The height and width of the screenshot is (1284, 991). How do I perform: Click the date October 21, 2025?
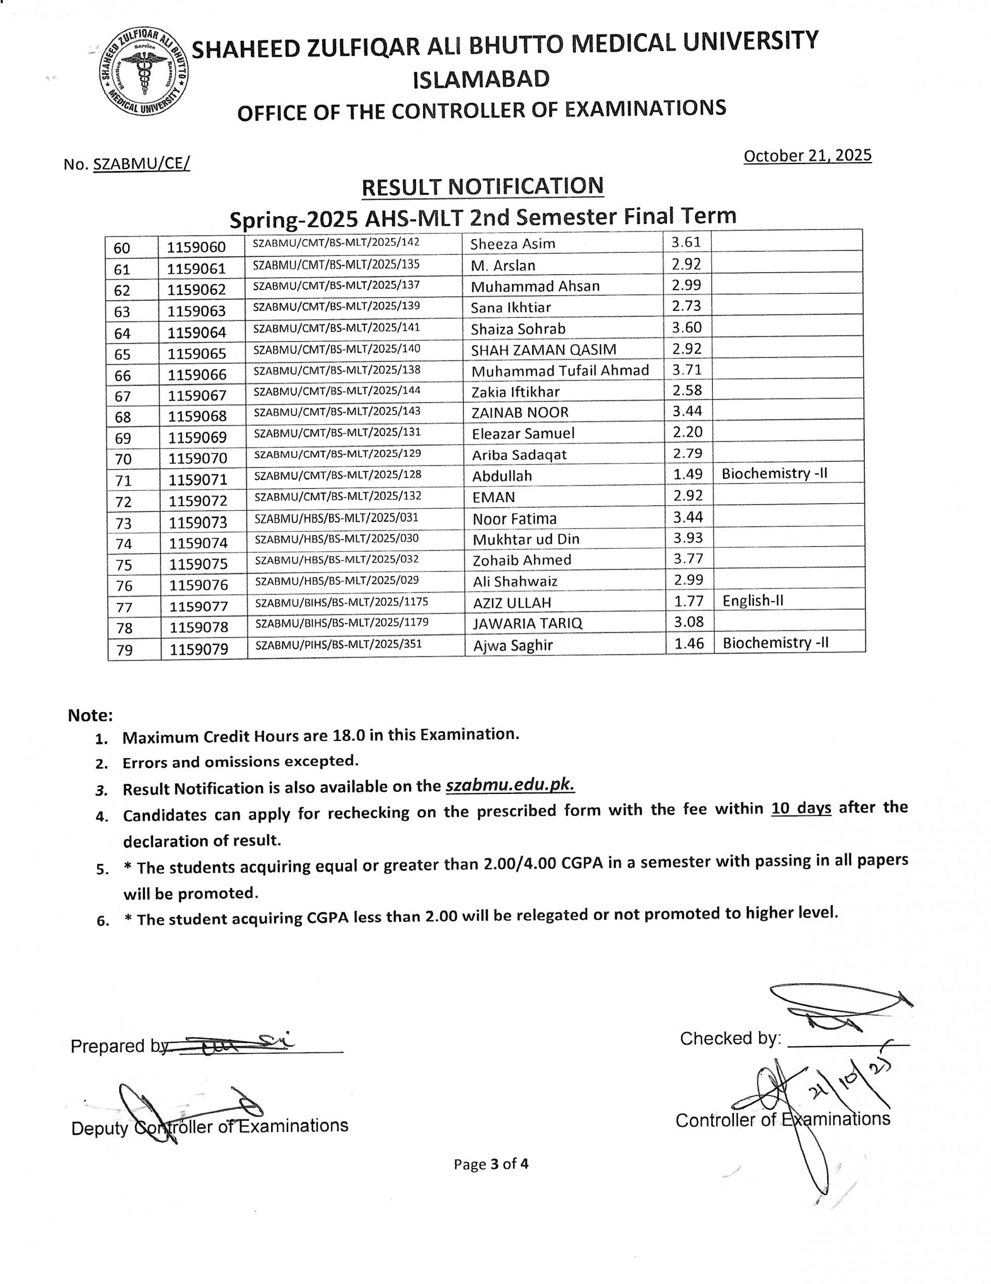(807, 156)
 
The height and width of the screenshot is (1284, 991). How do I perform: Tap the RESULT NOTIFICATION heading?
(482, 186)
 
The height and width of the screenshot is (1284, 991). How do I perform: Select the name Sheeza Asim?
(512, 244)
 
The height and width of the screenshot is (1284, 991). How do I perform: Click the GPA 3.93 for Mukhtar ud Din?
(688, 538)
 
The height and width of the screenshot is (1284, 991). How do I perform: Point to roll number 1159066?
(197, 375)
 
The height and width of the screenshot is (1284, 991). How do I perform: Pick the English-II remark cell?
(753, 601)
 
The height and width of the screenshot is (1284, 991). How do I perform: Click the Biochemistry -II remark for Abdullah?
(774, 474)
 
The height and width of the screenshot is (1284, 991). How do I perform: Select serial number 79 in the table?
(124, 650)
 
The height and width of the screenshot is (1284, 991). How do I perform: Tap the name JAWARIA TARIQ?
(527, 624)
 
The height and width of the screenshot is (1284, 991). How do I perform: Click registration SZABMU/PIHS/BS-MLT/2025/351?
(338, 645)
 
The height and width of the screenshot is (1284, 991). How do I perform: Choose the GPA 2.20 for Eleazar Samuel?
(687, 432)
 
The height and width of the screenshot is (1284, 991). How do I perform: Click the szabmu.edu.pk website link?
(510, 786)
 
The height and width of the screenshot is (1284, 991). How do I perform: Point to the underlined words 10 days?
(801, 809)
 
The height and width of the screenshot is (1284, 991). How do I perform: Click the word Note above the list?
(90, 716)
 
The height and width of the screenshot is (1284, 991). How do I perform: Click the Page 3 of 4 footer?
(491, 1164)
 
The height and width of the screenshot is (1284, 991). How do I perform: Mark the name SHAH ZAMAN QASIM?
(543, 350)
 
